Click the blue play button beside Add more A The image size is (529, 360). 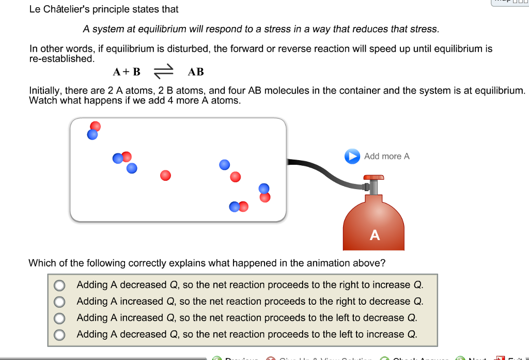[352, 156]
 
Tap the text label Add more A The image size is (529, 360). [386, 156]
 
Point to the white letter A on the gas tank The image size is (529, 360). [375, 236]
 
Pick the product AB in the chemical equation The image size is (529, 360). [196, 72]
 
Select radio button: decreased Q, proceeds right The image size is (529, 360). [60, 285]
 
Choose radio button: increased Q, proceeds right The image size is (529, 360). [60, 302]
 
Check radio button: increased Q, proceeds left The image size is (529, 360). [60, 318]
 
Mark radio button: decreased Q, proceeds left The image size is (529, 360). [60, 335]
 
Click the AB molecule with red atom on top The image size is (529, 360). [94, 131]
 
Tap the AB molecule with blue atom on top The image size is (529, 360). [264, 192]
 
